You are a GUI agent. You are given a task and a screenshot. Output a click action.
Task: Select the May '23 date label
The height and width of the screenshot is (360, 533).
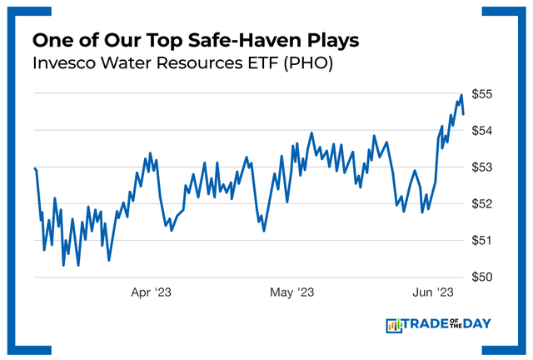coord(292,292)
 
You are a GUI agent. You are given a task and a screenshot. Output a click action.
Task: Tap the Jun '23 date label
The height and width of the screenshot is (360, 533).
coord(433,292)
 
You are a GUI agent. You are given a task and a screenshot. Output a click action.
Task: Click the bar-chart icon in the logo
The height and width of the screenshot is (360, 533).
coord(394,325)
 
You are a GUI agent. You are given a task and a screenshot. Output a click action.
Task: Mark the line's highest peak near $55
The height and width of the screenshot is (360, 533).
coord(461,95)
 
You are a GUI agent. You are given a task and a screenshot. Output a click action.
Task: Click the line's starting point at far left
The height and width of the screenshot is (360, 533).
coord(34,168)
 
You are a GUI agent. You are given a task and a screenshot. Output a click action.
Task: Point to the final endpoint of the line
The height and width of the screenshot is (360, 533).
coord(464,114)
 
